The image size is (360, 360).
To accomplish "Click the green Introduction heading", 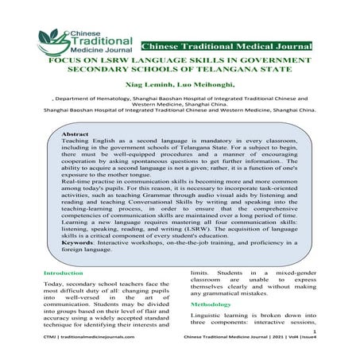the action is tap(67, 274).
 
